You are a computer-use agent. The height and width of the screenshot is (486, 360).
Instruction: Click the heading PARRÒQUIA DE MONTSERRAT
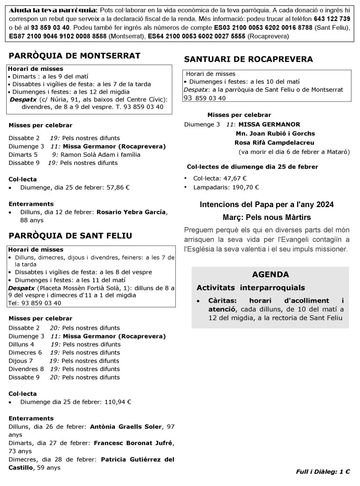[75, 56]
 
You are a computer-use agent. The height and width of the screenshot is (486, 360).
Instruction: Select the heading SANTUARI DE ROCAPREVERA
[248, 59]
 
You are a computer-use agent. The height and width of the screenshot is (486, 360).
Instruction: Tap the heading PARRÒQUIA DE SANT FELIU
[70, 236]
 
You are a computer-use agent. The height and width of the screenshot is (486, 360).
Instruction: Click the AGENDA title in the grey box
[270, 274]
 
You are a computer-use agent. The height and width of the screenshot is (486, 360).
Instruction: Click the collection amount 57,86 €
[117, 187]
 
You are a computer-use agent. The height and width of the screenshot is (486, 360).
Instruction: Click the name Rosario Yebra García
[132, 212]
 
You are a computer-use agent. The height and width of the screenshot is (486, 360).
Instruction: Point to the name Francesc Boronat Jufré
[133, 443]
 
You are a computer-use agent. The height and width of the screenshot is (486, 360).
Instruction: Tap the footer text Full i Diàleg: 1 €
[322, 472]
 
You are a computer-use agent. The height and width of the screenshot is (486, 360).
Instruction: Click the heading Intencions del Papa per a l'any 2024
[266, 204]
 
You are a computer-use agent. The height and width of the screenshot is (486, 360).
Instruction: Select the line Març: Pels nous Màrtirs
[266, 217]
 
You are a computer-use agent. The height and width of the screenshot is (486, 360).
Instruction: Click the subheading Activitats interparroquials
[250, 287]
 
